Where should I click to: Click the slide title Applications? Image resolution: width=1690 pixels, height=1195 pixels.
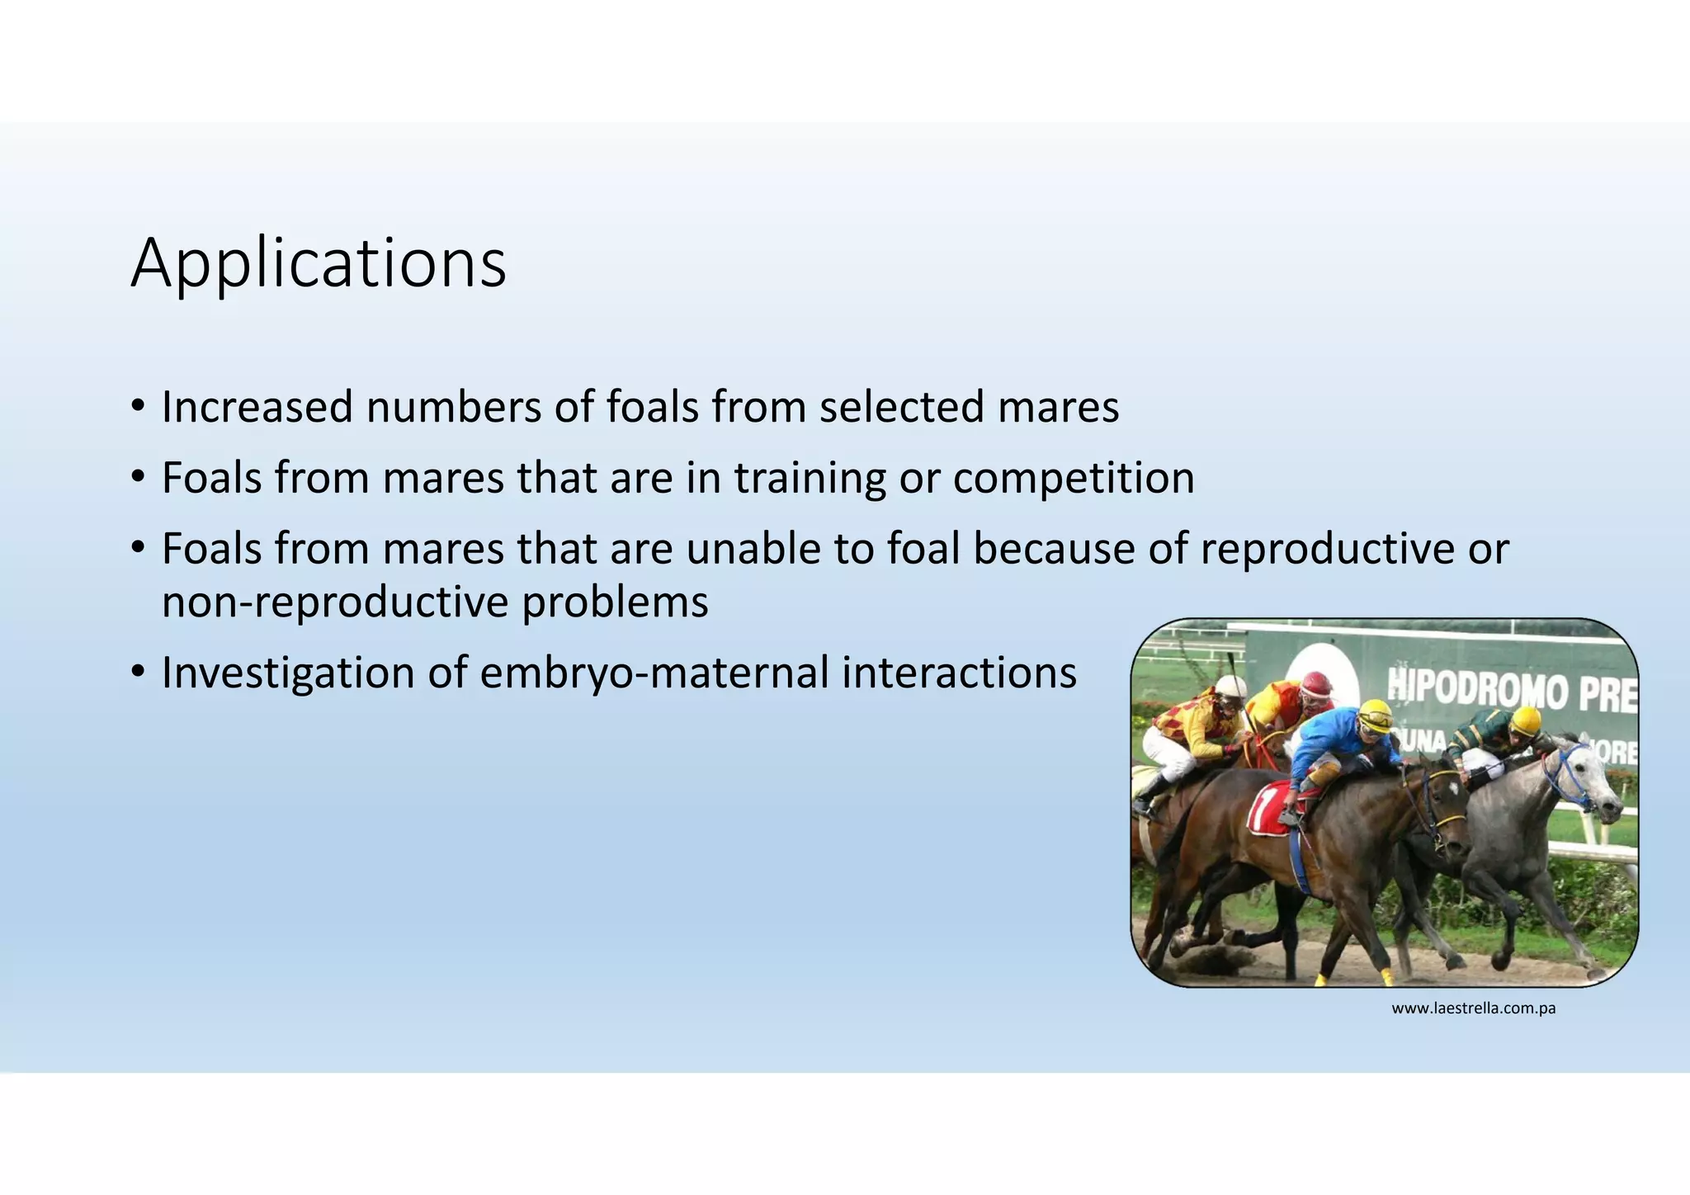pyautogui.click(x=318, y=264)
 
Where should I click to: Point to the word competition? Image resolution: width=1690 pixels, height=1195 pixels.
pyautogui.click(x=1073, y=478)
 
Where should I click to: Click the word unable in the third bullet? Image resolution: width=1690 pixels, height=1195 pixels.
pyautogui.click(x=753, y=549)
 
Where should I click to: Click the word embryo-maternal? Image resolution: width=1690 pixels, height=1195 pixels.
pyautogui.click(x=654, y=673)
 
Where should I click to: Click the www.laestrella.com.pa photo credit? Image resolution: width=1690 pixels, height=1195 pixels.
pyautogui.click(x=1473, y=1008)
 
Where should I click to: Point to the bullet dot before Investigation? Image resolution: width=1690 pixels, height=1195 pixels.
pyautogui.click(x=138, y=673)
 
